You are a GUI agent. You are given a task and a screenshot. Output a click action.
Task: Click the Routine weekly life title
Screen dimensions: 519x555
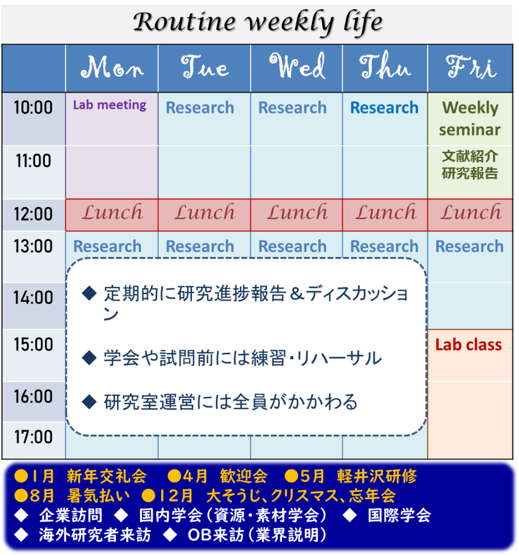coord(258,22)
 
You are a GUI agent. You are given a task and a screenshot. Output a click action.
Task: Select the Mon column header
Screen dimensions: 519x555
coord(112,67)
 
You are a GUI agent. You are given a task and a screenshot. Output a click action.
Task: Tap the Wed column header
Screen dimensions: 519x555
coord(297,66)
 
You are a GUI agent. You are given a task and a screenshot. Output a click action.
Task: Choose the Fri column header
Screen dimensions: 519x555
coord(471,67)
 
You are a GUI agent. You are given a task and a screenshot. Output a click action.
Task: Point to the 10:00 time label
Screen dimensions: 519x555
coord(33,107)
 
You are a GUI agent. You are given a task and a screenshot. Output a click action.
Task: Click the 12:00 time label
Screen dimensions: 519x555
coord(33,214)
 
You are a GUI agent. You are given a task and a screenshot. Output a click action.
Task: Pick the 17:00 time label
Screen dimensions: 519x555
coord(33,437)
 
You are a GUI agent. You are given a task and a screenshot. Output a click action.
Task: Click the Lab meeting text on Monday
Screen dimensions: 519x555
coord(110,105)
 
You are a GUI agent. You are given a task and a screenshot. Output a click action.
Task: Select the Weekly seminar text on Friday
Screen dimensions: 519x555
coord(470,119)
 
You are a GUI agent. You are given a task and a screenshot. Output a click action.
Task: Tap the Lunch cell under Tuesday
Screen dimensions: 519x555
coord(204,215)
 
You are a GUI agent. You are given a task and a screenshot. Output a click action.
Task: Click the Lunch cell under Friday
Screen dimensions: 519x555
coord(470,215)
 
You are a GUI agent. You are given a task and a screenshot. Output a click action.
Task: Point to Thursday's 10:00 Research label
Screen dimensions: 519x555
coord(385,108)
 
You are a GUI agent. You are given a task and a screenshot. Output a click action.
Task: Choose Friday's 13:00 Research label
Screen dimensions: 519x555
coord(470,247)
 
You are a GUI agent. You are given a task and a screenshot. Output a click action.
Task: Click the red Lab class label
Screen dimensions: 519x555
coord(469,345)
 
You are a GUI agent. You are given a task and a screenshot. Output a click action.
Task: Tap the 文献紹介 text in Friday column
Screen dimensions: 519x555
coord(470,156)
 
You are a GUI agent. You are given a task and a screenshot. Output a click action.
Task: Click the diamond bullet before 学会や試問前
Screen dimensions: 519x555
coord(89,358)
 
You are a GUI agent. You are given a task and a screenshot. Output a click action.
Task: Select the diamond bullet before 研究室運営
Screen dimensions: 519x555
coord(89,402)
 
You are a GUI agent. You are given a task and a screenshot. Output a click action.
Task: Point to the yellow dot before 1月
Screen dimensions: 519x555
coord(21,476)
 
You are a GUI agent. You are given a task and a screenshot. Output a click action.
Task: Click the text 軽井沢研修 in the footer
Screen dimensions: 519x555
coord(377,476)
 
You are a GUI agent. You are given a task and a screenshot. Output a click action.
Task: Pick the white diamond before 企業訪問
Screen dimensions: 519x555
coord(21,515)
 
